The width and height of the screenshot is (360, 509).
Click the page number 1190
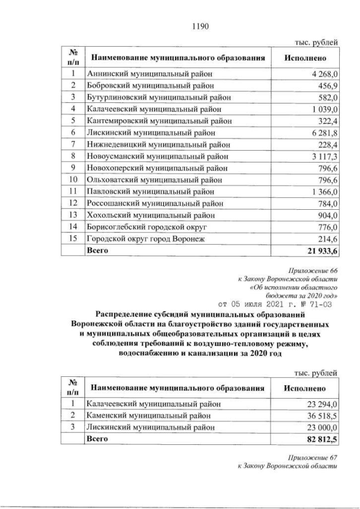coord(200,24)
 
